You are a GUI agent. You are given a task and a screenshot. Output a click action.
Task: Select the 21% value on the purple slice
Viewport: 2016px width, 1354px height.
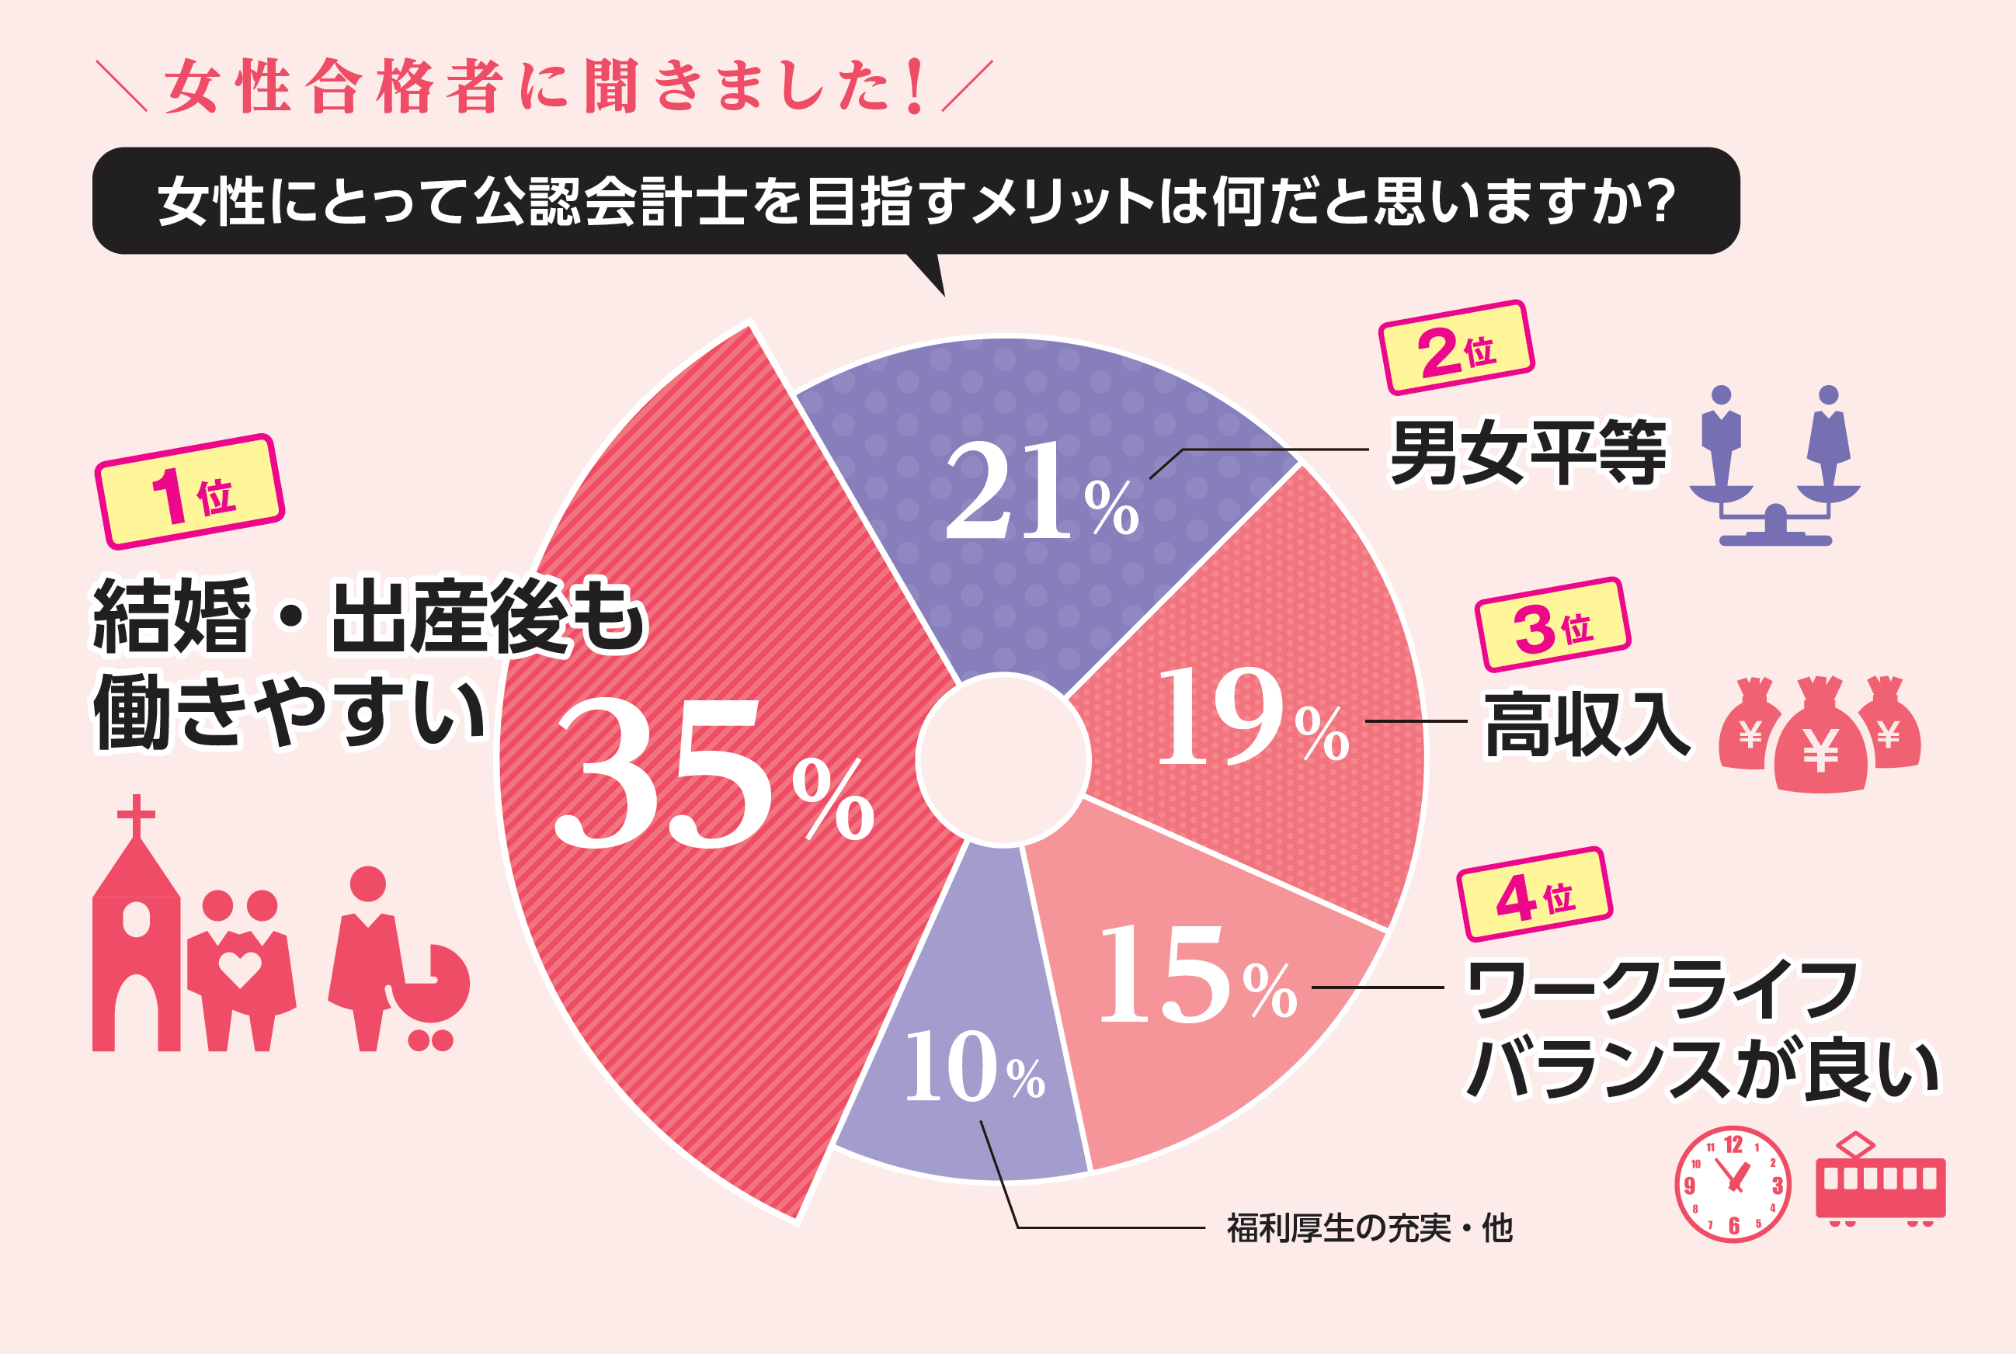pyautogui.click(x=1041, y=492)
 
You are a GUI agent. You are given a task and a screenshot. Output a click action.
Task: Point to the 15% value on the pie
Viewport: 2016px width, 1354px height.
pyautogui.click(x=1196, y=976)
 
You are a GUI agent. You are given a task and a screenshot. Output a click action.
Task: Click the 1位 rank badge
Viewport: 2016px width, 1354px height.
pyautogui.click(x=190, y=492)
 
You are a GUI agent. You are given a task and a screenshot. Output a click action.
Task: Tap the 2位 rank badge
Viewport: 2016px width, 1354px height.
pyautogui.click(x=1456, y=348)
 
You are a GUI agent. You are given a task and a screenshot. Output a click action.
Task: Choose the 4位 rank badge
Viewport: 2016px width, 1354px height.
pyautogui.click(x=1535, y=894)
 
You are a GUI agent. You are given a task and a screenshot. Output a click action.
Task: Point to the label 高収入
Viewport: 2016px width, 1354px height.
pyautogui.click(x=1587, y=725)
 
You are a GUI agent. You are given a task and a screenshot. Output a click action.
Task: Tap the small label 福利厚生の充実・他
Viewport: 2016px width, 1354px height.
pyautogui.click(x=1370, y=1228)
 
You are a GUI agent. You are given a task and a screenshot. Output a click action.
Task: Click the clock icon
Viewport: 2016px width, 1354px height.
pyautogui.click(x=1733, y=1185)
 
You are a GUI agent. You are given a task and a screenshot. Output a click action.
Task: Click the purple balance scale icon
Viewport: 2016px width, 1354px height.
pyautogui.click(x=1775, y=470)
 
